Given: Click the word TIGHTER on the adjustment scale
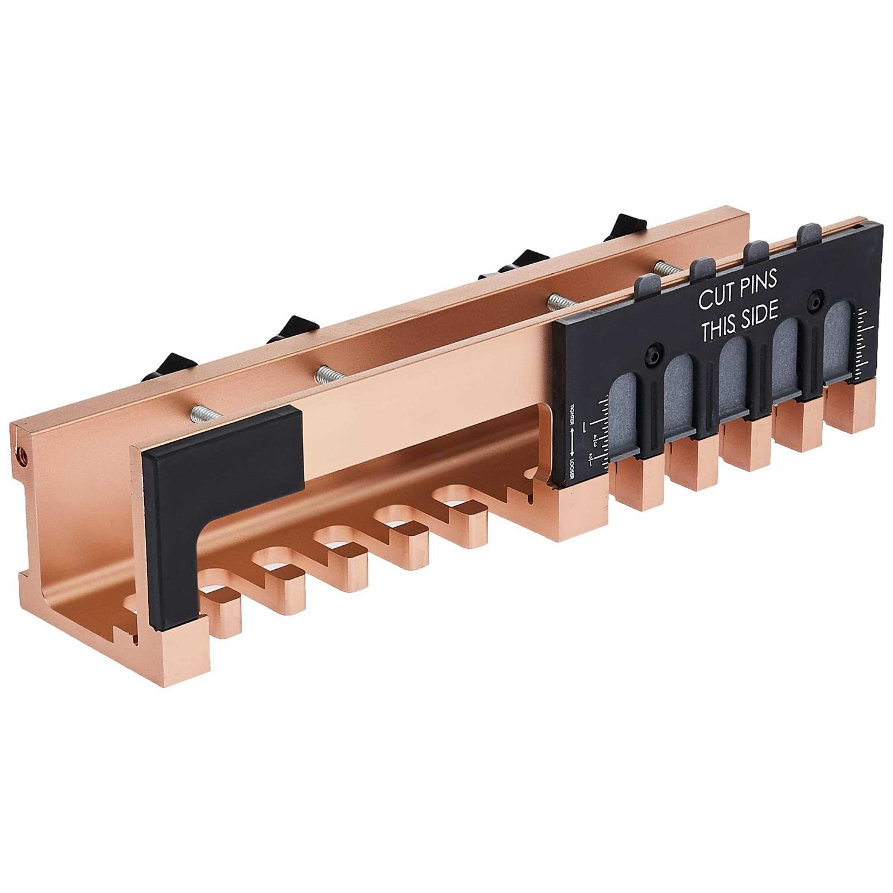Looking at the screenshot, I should (x=573, y=414).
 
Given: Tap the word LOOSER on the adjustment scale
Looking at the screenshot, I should (x=573, y=461).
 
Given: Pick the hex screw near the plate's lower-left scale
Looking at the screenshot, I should (x=653, y=355).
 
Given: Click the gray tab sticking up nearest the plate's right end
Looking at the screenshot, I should (x=808, y=235).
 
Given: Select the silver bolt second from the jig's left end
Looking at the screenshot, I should (x=327, y=374).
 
